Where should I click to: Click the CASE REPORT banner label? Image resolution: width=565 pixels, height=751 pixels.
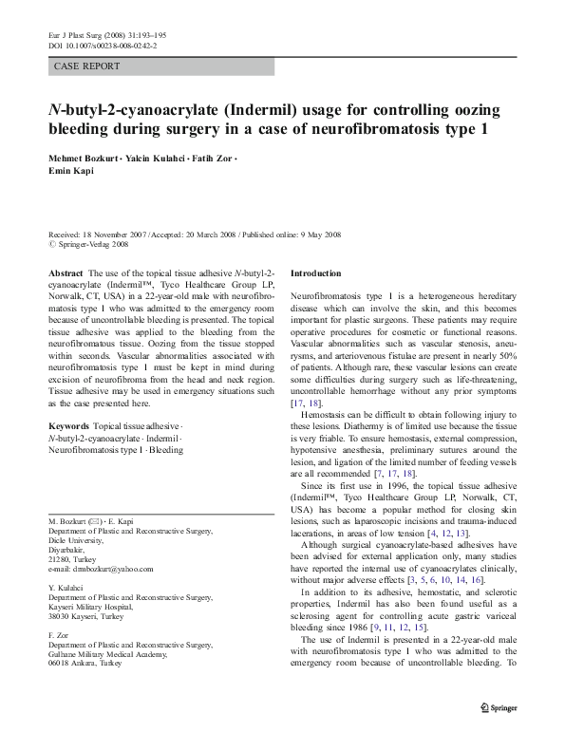(x=88, y=66)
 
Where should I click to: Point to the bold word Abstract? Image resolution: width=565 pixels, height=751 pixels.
(x=65, y=272)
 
